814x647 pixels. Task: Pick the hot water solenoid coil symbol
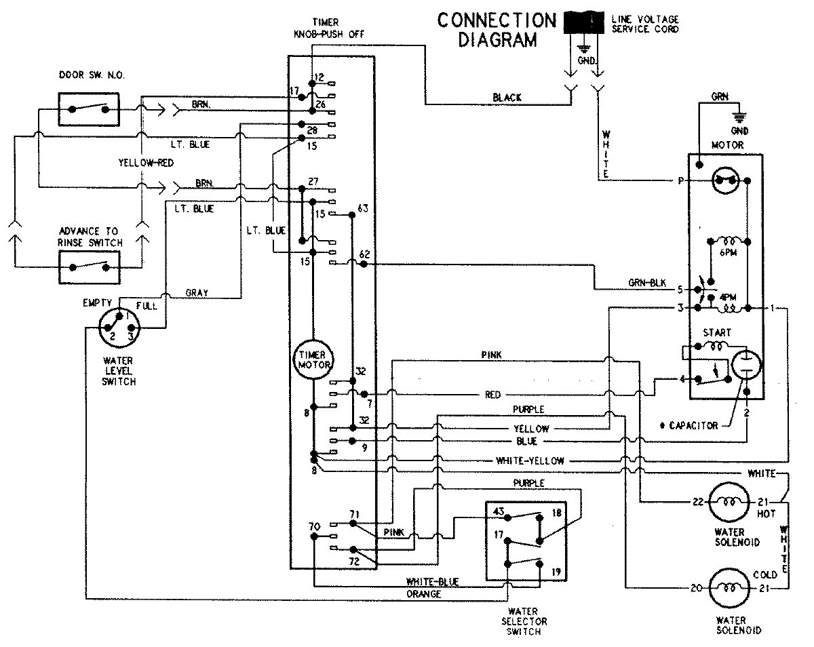728,503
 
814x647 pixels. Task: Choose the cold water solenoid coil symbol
728,588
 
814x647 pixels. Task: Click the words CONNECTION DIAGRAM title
496,29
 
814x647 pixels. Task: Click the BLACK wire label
507,98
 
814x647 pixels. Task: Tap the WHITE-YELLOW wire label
530,461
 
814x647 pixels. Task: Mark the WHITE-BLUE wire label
432,582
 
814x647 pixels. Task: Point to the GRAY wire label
196,293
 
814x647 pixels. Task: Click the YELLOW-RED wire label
144,163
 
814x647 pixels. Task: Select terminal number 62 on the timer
364,254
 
